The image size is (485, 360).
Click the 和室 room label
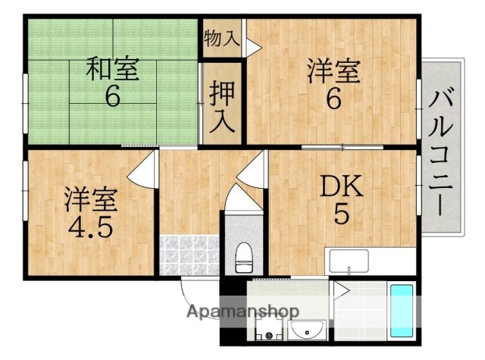[x=112, y=70]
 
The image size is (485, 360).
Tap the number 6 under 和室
[x=113, y=98]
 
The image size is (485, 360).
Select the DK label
[x=340, y=186]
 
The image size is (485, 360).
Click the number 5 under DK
[x=341, y=215]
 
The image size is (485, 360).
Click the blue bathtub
[x=402, y=311]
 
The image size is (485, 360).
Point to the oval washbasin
[x=308, y=331]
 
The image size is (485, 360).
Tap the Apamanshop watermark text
[x=242, y=311]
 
